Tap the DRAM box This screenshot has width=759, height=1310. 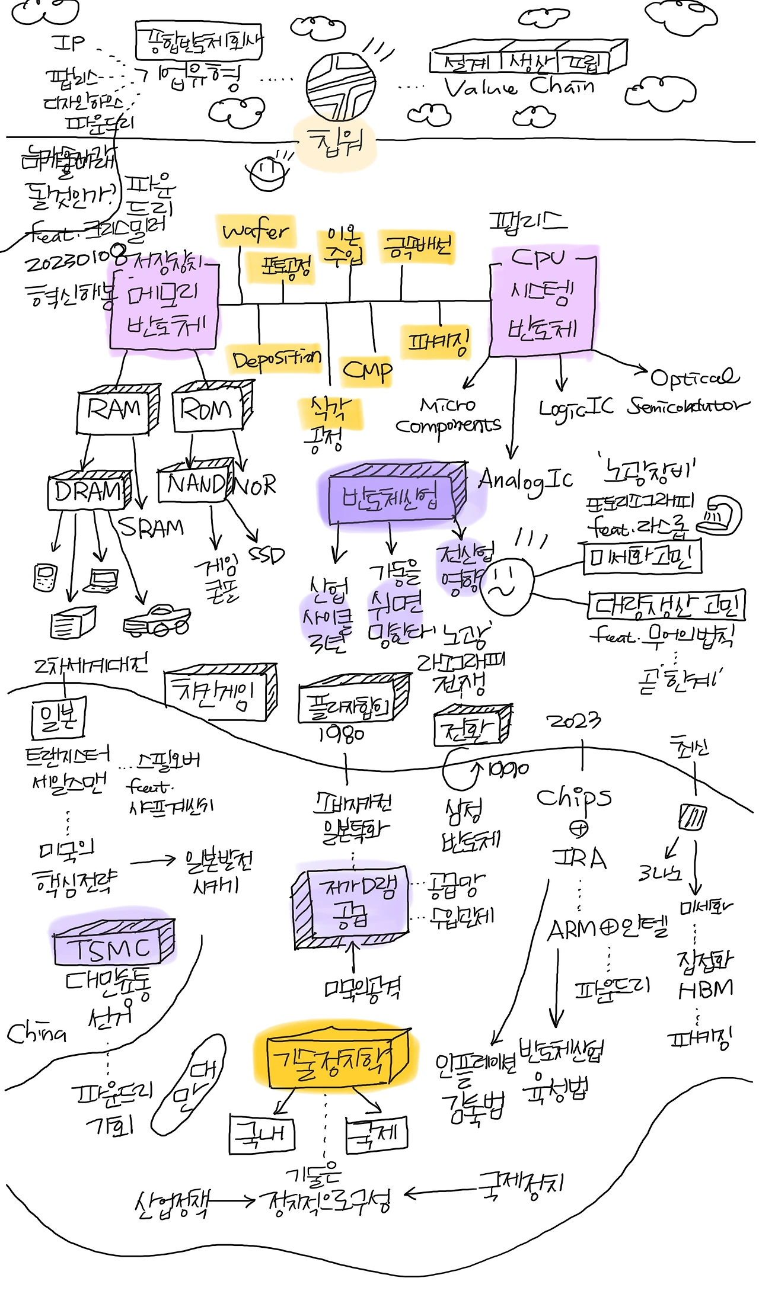click(88, 491)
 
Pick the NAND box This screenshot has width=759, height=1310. click(192, 483)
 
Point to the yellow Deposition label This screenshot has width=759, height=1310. click(276, 359)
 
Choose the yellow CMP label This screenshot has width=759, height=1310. click(367, 371)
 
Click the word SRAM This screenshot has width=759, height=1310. click(151, 527)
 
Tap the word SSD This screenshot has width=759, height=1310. click(266, 555)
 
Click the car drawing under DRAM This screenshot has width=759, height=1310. click(157, 620)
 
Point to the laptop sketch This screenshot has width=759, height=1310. click(101, 581)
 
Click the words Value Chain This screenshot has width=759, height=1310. click(519, 87)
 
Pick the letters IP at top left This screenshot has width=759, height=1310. click(69, 43)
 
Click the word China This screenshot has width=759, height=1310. click(36, 1033)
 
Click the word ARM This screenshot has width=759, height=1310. click(572, 930)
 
